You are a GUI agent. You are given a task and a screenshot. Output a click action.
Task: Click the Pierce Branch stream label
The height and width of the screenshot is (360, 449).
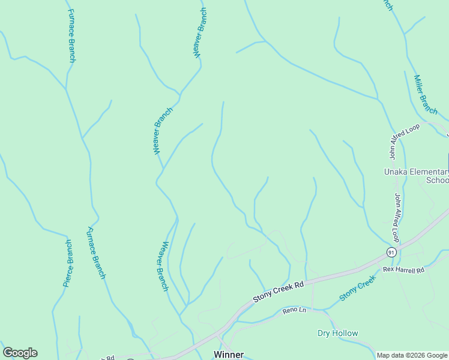[x=68, y=263]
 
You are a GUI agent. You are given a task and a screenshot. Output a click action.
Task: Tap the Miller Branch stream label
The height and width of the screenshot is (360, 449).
[x=426, y=94]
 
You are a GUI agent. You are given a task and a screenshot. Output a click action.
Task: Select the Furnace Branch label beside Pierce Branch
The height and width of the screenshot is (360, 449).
[x=97, y=253]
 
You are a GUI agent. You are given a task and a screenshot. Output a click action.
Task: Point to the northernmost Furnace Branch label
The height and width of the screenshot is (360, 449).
[x=71, y=35]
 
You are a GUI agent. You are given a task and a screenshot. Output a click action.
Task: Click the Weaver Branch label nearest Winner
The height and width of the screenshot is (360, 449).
[x=163, y=266]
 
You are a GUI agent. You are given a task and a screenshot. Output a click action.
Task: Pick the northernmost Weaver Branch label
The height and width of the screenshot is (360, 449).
[x=200, y=32]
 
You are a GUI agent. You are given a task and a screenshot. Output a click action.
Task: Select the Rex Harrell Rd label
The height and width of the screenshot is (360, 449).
[x=403, y=270]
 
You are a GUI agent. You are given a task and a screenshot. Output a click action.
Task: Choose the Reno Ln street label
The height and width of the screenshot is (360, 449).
[x=295, y=310]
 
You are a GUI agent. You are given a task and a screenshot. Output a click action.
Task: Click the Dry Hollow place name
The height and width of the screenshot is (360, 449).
[x=337, y=333]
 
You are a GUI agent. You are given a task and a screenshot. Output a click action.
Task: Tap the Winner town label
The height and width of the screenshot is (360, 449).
[x=229, y=354]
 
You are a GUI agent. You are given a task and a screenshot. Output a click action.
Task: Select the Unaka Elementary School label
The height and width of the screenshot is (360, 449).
[x=417, y=176]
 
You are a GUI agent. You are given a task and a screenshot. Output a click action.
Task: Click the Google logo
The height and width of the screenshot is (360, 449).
[x=20, y=353]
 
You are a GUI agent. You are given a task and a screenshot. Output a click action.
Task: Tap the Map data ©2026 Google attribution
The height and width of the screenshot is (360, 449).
[x=412, y=355]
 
